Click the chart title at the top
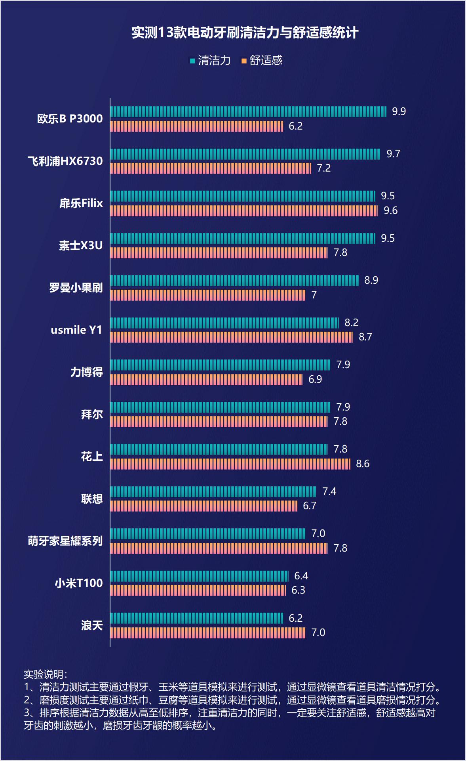(245, 32)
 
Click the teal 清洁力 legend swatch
(192, 61)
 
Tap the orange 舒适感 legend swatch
(244, 61)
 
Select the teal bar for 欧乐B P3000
(248, 112)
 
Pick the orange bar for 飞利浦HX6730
(211, 168)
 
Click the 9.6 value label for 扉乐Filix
(390, 210)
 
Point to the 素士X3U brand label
(81, 246)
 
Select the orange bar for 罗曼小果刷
(207, 295)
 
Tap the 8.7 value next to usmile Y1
(365, 337)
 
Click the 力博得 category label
(86, 372)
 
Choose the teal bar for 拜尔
(220, 407)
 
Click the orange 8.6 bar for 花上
(230, 464)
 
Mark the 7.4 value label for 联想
(329, 492)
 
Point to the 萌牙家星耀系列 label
(65, 541)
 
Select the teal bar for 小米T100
(199, 576)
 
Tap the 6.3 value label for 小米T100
(298, 590)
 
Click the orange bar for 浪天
(207, 633)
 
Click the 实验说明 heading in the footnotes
(45, 674)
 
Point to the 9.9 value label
(399, 111)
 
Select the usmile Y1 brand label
(76, 330)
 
